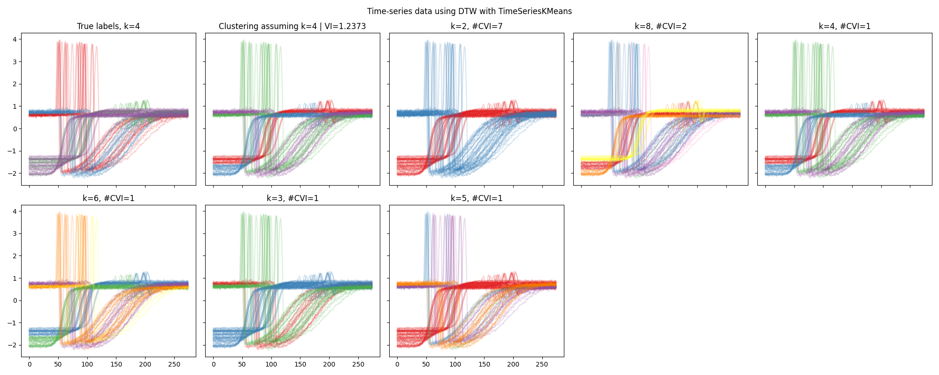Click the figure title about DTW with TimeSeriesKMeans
point(469,11)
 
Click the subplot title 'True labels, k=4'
point(108,27)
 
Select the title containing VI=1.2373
point(292,27)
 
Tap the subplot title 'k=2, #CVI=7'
point(477,27)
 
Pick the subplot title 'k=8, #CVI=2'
point(661,27)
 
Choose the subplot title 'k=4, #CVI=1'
point(845,27)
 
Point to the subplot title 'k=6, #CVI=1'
point(108,199)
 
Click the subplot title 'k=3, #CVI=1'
point(292,199)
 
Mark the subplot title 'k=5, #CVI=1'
point(477,199)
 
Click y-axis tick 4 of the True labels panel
point(15,39)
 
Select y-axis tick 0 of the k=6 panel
point(15,300)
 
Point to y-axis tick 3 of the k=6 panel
point(15,233)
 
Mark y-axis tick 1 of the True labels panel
point(15,106)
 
